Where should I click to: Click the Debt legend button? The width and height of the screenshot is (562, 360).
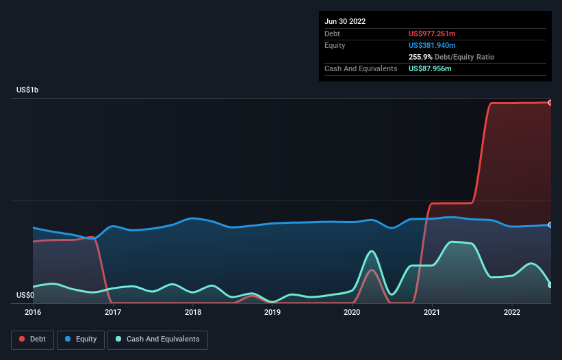pyautogui.click(x=31, y=339)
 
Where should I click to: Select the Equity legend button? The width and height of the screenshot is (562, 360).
pyautogui.click(x=81, y=339)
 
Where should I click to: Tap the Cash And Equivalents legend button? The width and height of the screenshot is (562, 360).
pyautogui.click(x=157, y=339)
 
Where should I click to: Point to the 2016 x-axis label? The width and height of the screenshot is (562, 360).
pyautogui.click(x=33, y=312)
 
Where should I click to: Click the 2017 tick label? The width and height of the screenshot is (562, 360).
pyautogui.click(x=113, y=312)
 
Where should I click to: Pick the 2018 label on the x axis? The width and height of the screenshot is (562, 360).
pyautogui.click(x=193, y=312)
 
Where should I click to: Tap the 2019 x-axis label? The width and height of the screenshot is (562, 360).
pyautogui.click(x=272, y=312)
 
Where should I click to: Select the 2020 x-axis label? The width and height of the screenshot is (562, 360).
pyautogui.click(x=352, y=312)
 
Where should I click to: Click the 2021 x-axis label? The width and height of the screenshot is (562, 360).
pyautogui.click(x=432, y=312)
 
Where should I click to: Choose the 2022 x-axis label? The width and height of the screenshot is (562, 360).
pyautogui.click(x=512, y=312)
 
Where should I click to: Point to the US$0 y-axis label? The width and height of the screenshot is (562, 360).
pyautogui.click(x=25, y=295)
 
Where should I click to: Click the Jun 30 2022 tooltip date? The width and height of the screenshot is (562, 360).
pyautogui.click(x=345, y=21)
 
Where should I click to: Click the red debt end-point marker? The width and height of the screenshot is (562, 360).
pyautogui.click(x=550, y=103)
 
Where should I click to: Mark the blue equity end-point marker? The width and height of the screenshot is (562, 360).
pyautogui.click(x=550, y=224)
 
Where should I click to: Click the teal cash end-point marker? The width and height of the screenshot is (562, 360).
pyautogui.click(x=550, y=285)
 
